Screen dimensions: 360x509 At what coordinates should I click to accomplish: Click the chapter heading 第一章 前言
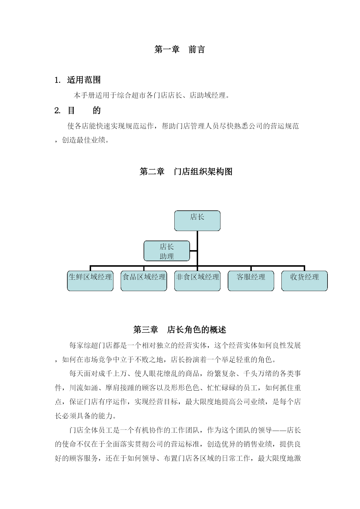pyautogui.click(x=180, y=49)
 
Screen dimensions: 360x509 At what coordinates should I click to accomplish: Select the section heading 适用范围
pyautogui.click(x=84, y=80)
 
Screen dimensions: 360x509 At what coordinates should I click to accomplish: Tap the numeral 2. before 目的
pyautogui.click(x=57, y=111)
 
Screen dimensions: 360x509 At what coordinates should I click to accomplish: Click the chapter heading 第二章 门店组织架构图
pyautogui.click(x=186, y=172)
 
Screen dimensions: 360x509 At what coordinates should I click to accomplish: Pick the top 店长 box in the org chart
pyautogui.click(x=197, y=221)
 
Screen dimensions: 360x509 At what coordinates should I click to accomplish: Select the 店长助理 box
pyautogui.click(x=167, y=251)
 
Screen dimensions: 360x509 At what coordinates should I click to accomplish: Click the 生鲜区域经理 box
pyautogui.click(x=90, y=281)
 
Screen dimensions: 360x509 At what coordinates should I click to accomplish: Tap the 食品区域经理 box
pyautogui.click(x=144, y=281)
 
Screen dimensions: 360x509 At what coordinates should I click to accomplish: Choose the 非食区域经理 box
pyautogui.click(x=197, y=281)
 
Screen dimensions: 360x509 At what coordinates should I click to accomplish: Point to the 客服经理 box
pyautogui.click(x=251, y=281)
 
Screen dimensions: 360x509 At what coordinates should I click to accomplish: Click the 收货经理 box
pyautogui.click(x=305, y=281)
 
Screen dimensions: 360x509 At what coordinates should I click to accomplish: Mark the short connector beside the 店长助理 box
pyautogui.click(x=193, y=251)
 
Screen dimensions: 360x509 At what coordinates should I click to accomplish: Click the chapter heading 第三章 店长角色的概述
pyautogui.click(x=180, y=330)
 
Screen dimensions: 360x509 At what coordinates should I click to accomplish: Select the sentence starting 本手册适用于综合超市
pyautogui.click(x=152, y=95)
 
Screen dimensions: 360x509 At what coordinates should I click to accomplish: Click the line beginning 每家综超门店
pyautogui.click(x=185, y=345)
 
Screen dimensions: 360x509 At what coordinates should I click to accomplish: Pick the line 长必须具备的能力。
pyautogui.click(x=86, y=416)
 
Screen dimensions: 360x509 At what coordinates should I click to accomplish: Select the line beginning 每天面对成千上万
pyautogui.click(x=185, y=373)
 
